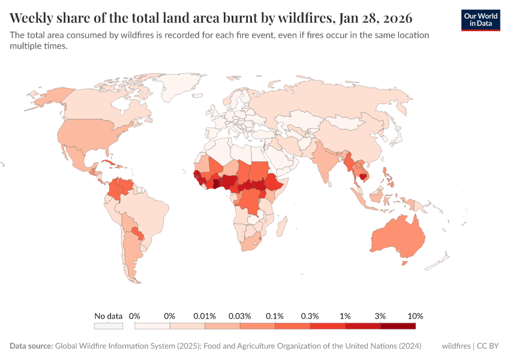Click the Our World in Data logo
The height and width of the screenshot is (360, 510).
481,20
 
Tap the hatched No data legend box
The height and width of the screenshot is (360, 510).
109,326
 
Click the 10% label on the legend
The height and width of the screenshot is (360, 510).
415,316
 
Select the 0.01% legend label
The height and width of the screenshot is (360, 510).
205,316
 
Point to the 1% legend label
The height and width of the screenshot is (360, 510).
345,316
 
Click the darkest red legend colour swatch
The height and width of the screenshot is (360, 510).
398,326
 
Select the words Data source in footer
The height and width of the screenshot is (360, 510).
31,346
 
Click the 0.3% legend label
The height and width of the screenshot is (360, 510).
310,316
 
